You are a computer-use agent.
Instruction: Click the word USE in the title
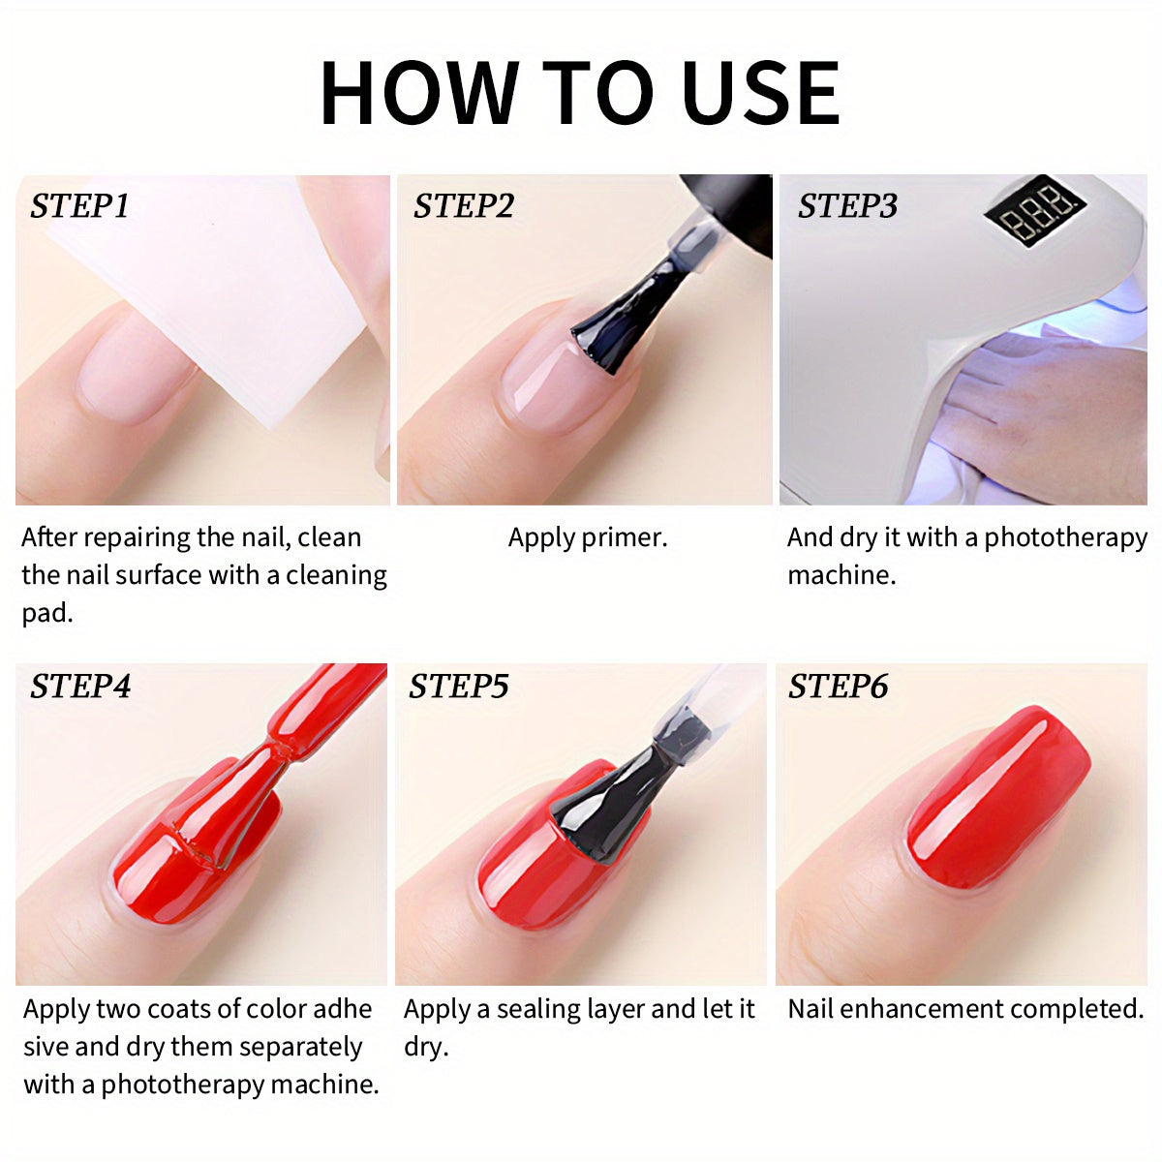pyautogui.click(x=761, y=93)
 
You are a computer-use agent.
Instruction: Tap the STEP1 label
pyautogui.click(x=79, y=206)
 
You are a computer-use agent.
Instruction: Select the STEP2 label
pyautogui.click(x=463, y=206)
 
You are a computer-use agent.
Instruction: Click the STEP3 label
pyautogui.click(x=847, y=206)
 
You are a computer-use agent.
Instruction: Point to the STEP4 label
pyautogui.click(x=80, y=687)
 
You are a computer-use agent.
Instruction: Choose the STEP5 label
pyautogui.click(x=458, y=687)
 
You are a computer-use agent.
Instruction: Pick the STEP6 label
pyautogui.click(x=839, y=687)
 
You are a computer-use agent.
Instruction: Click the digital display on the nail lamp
pyautogui.click(x=1035, y=211)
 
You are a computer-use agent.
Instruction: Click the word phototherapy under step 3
pyautogui.click(x=1065, y=538)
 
